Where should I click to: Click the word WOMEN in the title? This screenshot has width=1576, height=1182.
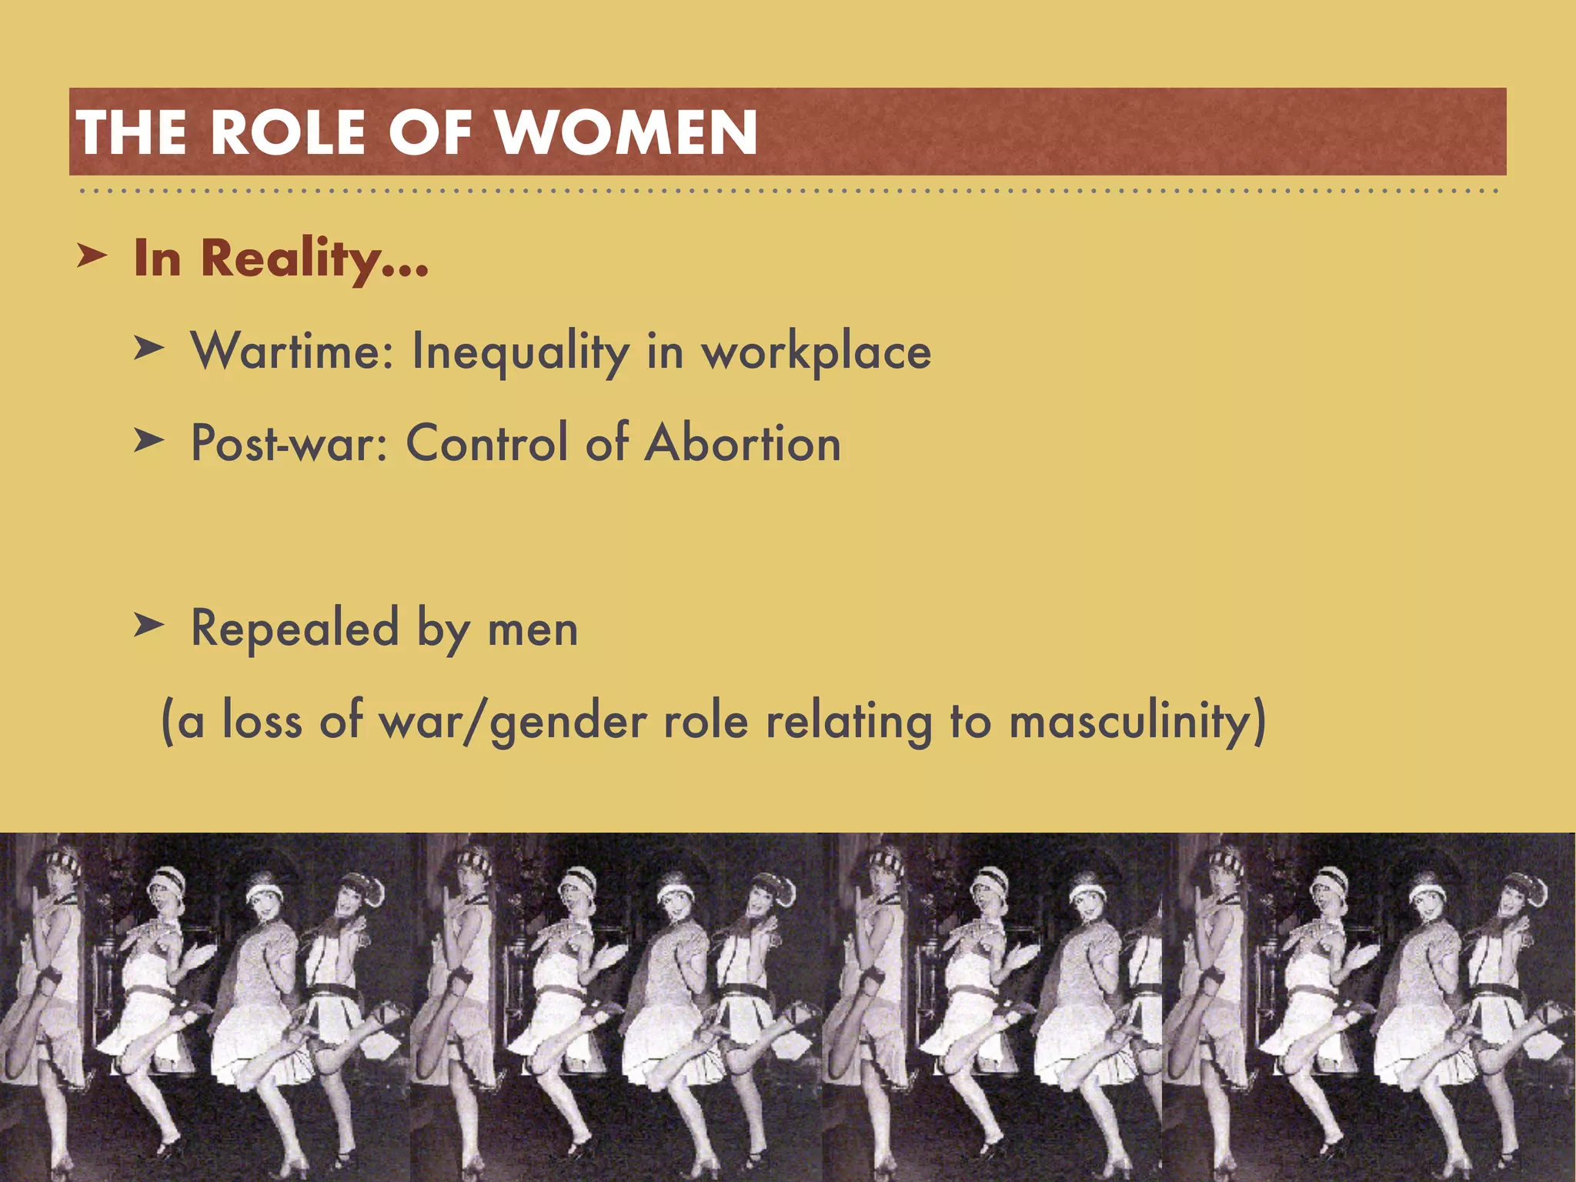[x=626, y=132]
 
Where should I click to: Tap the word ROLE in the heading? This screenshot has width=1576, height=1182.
[x=288, y=132]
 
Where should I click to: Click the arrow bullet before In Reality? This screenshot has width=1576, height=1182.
[x=92, y=256]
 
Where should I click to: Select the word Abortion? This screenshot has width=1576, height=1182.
[x=743, y=443]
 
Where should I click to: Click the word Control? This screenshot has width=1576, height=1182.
[x=486, y=443]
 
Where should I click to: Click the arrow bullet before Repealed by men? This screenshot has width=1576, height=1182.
[x=148, y=625]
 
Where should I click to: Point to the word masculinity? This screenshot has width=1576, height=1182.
[x=1136, y=722]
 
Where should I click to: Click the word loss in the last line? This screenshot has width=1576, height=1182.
[x=262, y=722]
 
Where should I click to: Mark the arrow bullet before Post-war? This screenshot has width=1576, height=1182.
[x=148, y=440]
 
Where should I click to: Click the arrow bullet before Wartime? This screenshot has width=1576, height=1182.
[x=148, y=348]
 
